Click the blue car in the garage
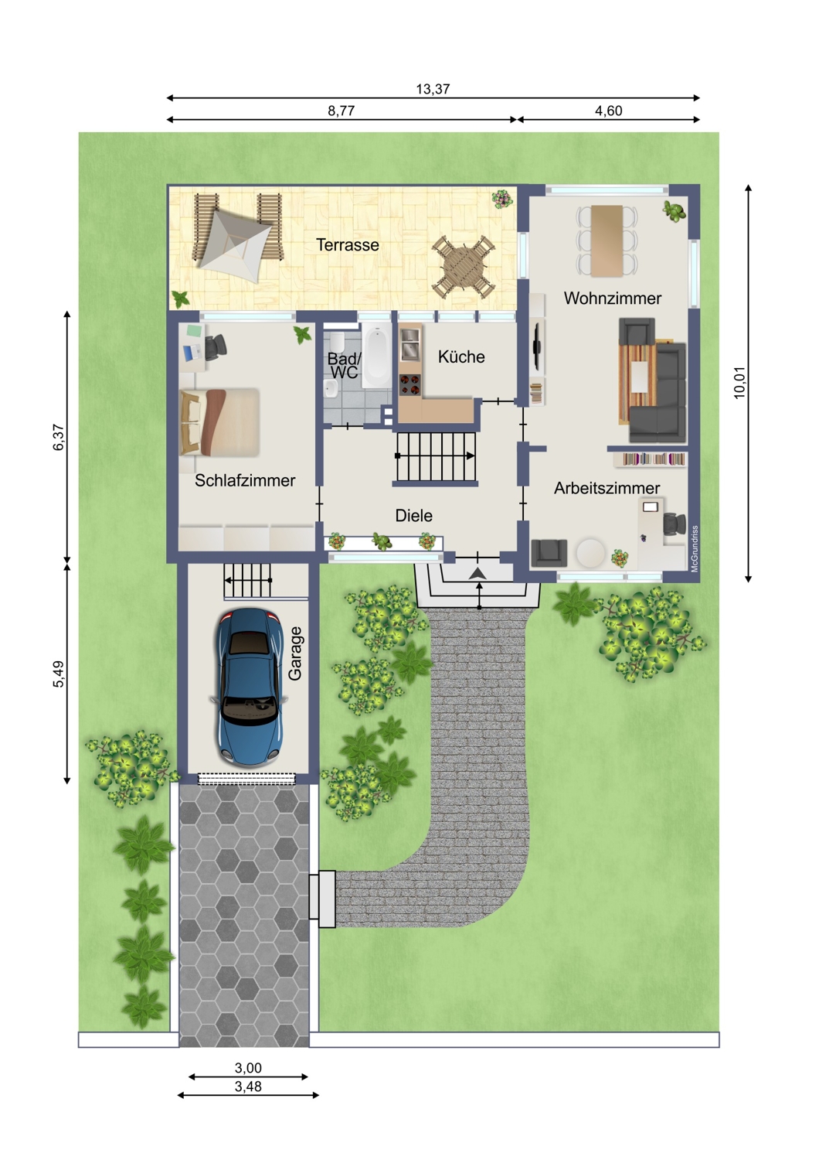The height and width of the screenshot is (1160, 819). pyautogui.click(x=250, y=687)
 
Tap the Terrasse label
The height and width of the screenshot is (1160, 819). pyautogui.click(x=348, y=245)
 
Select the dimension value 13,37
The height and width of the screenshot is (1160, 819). pyautogui.click(x=433, y=89)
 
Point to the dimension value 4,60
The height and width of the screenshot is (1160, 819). pyautogui.click(x=608, y=111)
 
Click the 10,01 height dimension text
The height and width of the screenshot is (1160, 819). pyautogui.click(x=739, y=383)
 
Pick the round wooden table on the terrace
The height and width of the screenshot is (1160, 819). pyautogui.click(x=464, y=266)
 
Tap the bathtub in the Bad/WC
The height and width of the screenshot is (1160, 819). pyautogui.click(x=376, y=357)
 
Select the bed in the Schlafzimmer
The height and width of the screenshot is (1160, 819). pyautogui.click(x=219, y=422)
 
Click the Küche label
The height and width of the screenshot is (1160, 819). pyautogui.click(x=461, y=357)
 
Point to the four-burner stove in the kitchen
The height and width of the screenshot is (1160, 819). pyautogui.click(x=410, y=385)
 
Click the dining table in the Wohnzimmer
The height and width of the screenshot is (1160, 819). pyautogui.click(x=607, y=241)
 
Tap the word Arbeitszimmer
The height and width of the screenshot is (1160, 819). pyautogui.click(x=607, y=488)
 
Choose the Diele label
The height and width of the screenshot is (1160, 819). pyautogui.click(x=414, y=515)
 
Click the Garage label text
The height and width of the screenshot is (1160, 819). pyautogui.click(x=295, y=653)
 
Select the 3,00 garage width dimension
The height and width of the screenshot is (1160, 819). pyautogui.click(x=248, y=1068)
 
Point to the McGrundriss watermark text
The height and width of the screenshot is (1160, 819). pyautogui.click(x=695, y=549)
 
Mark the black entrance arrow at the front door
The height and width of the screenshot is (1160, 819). pyautogui.click(x=478, y=573)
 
